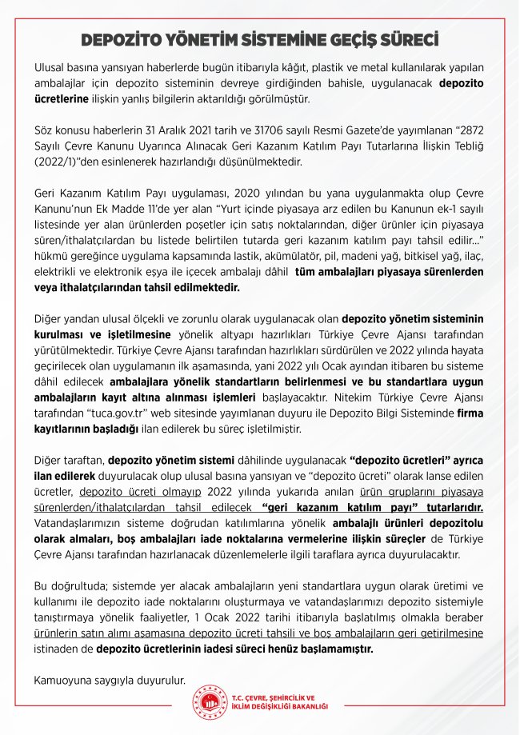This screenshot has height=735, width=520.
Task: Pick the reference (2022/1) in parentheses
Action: pyautogui.click(x=56, y=159)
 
